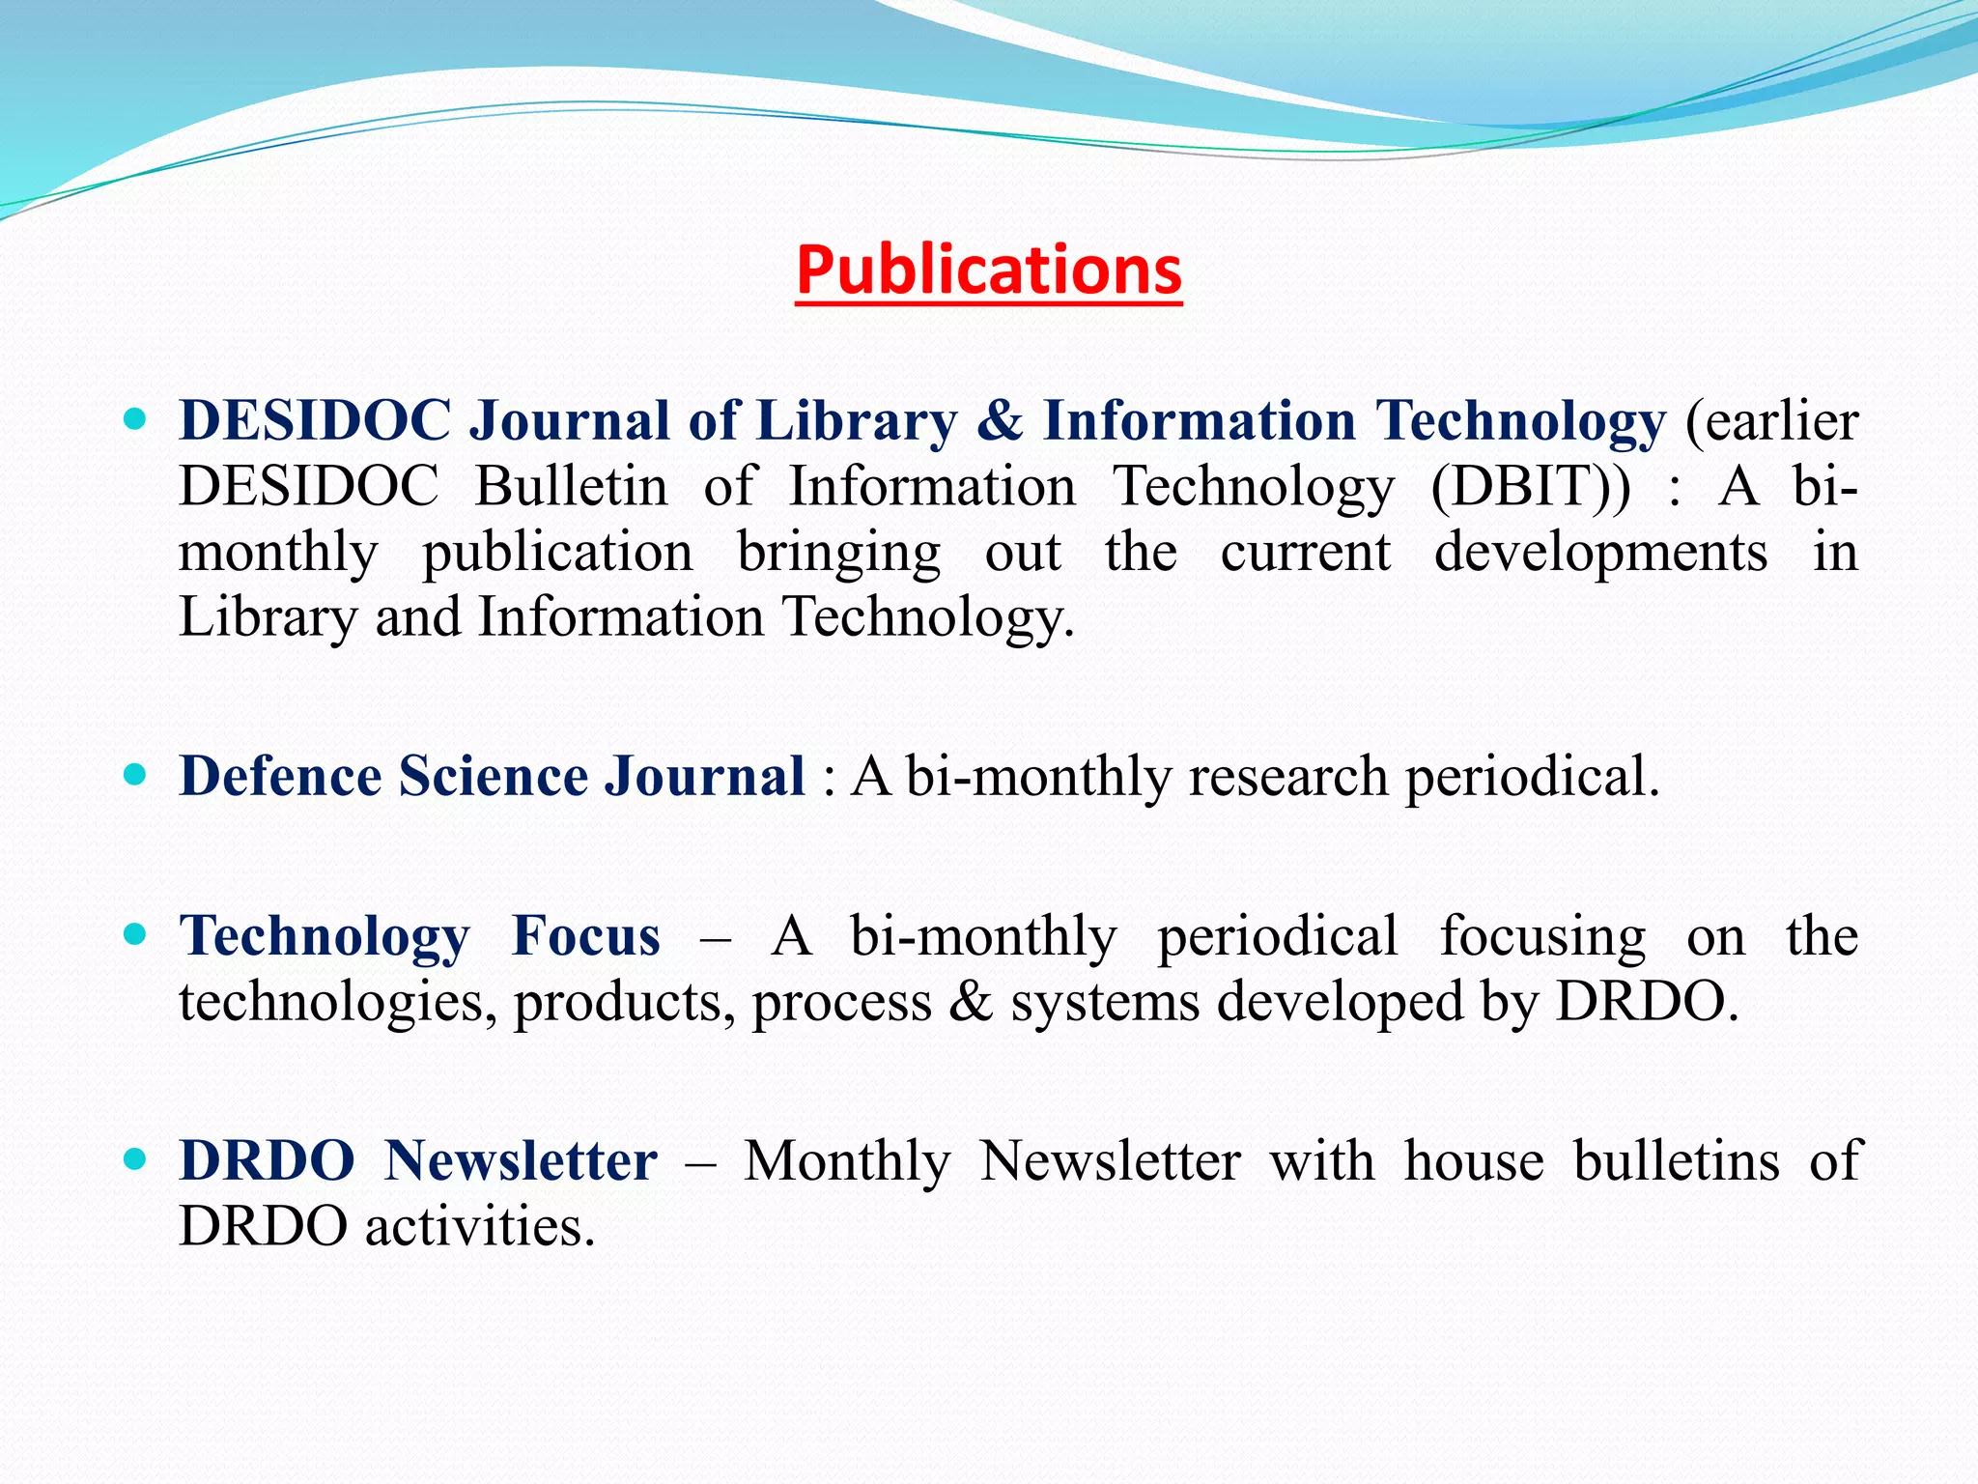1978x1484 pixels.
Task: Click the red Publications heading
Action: pos(989,270)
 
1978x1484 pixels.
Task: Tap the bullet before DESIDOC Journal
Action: pos(135,420)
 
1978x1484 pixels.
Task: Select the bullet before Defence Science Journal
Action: pos(135,775)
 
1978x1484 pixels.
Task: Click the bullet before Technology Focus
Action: pos(135,935)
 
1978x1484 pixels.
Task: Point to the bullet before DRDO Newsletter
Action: pos(135,1159)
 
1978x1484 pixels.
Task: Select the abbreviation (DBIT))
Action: pos(1530,487)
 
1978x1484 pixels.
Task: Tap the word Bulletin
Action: pos(571,486)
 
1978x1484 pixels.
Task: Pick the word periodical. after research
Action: pos(1532,778)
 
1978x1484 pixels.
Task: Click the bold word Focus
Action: pos(586,936)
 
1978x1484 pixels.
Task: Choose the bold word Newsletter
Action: pos(521,1160)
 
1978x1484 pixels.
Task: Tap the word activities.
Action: pos(479,1227)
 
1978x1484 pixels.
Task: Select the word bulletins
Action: pos(1676,1160)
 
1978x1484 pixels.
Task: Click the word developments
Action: pos(1600,554)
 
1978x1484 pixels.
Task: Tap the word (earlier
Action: pos(1771,421)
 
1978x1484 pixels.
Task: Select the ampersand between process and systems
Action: pos(971,1002)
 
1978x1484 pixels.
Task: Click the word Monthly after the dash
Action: pos(847,1162)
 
